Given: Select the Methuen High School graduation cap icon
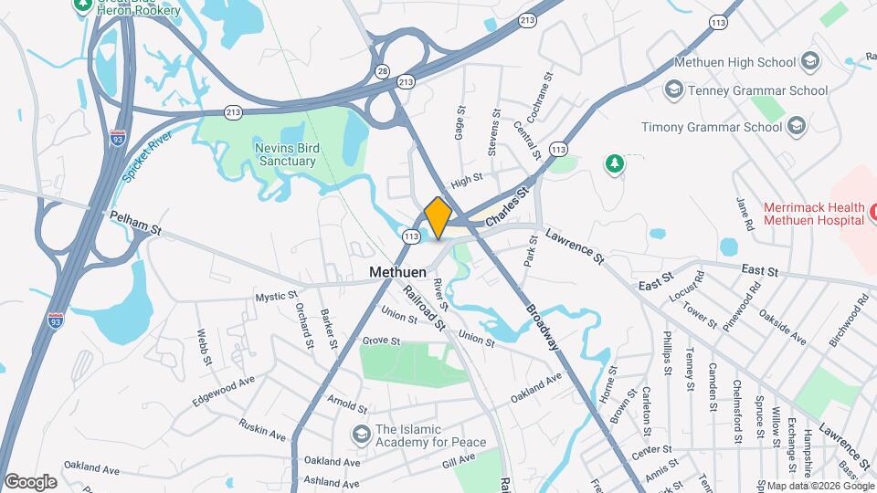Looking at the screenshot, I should pos(809,62).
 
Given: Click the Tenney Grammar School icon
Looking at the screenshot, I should pos(674,90).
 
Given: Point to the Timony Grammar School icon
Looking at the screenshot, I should pos(796,127).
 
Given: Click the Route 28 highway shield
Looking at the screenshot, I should pos(382,71).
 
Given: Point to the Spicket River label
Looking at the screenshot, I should pos(148,155).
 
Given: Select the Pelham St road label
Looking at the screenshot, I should pos(135,225).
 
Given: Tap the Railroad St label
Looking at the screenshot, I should pos(426,308).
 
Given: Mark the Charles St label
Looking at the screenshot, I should pos(508,208).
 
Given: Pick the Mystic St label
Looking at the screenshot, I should pos(276,297).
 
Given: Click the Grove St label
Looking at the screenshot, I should pos(381,341).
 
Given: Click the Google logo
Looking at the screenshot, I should pos(30,481).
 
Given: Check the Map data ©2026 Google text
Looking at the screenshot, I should pos(819,485).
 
